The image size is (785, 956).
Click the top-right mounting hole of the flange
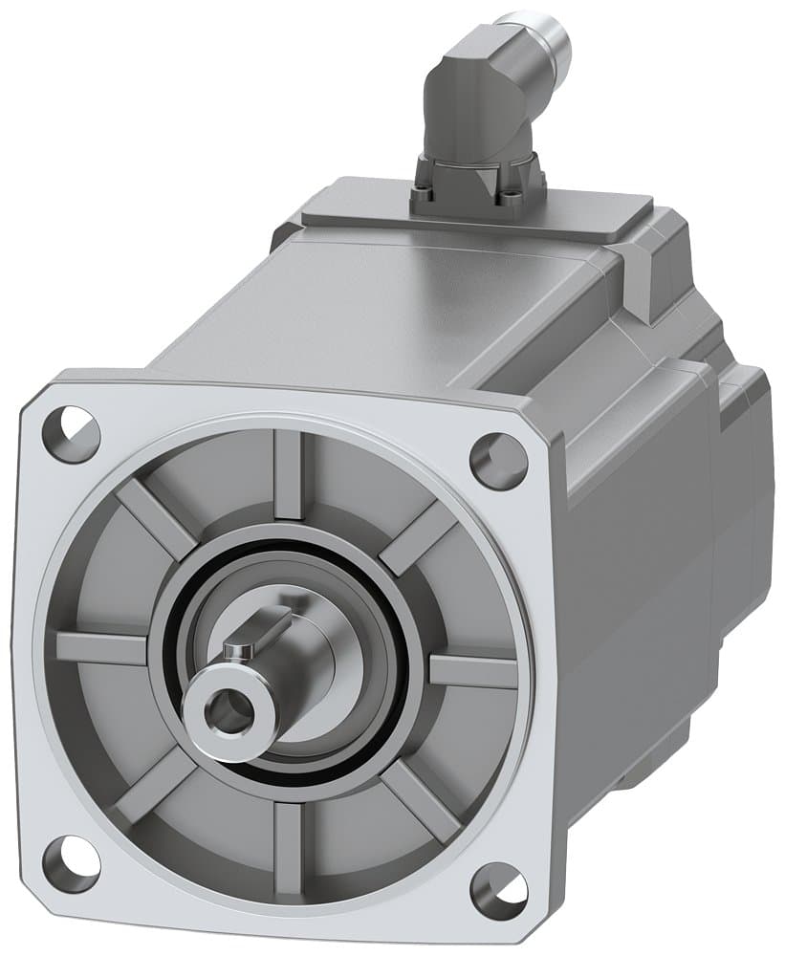(498, 461)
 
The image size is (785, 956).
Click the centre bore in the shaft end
(223, 710)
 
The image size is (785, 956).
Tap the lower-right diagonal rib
(421, 803)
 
